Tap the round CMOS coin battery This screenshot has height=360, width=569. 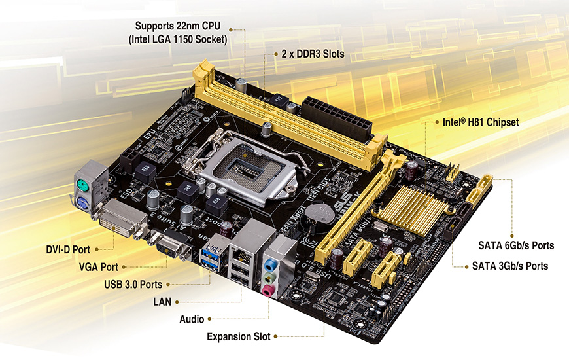pos(320,213)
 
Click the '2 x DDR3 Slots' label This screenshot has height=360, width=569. pos(312,54)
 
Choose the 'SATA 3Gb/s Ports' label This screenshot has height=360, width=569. pos(509,266)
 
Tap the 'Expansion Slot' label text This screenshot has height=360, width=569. pos(238,336)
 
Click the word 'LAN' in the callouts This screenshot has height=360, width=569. pos(163,301)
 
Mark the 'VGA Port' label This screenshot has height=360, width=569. pos(98,267)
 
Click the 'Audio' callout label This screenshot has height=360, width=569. pos(192,319)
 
